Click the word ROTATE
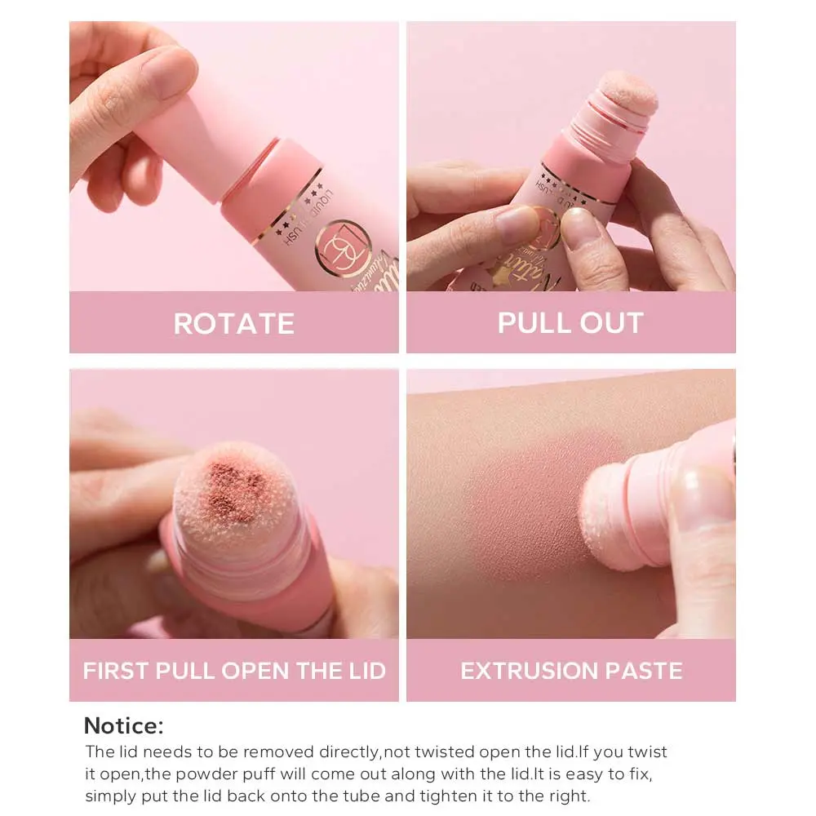point(233,323)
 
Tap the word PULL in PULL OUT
point(533,322)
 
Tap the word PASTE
point(644,671)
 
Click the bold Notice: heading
point(124,725)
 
